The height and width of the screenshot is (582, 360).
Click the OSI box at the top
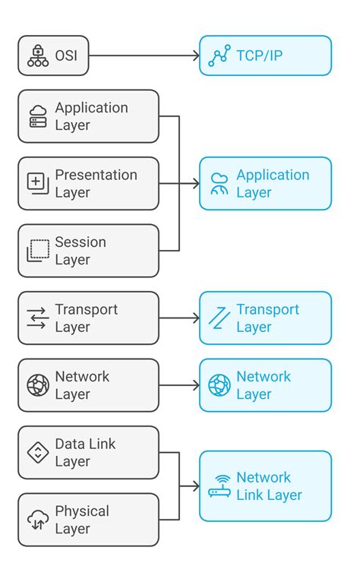(x=53, y=55)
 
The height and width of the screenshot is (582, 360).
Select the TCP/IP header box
(x=265, y=55)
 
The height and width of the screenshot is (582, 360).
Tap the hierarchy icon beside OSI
(x=38, y=55)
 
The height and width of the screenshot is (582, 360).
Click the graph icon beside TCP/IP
(x=219, y=55)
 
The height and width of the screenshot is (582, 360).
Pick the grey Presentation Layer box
(x=88, y=183)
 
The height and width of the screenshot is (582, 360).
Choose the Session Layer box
(x=88, y=251)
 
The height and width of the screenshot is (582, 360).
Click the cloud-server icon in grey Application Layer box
(x=38, y=116)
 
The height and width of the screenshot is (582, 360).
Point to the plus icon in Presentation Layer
(x=38, y=183)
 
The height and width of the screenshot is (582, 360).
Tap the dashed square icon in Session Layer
(x=38, y=251)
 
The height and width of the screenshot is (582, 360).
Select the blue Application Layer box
(x=265, y=183)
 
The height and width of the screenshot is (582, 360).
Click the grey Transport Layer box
(x=88, y=318)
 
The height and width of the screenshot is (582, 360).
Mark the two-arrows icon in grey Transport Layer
(x=38, y=318)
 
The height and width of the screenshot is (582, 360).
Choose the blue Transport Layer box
(x=265, y=318)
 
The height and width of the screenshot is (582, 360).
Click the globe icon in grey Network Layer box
(x=38, y=385)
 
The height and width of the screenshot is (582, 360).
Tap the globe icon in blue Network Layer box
(x=219, y=385)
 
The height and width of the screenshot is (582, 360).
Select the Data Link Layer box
(x=88, y=452)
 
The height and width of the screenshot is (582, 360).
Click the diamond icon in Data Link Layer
(x=38, y=452)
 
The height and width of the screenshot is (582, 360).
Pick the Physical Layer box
(x=88, y=520)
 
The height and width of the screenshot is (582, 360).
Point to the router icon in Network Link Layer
(x=219, y=486)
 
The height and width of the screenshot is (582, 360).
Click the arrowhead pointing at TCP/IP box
(x=195, y=55)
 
